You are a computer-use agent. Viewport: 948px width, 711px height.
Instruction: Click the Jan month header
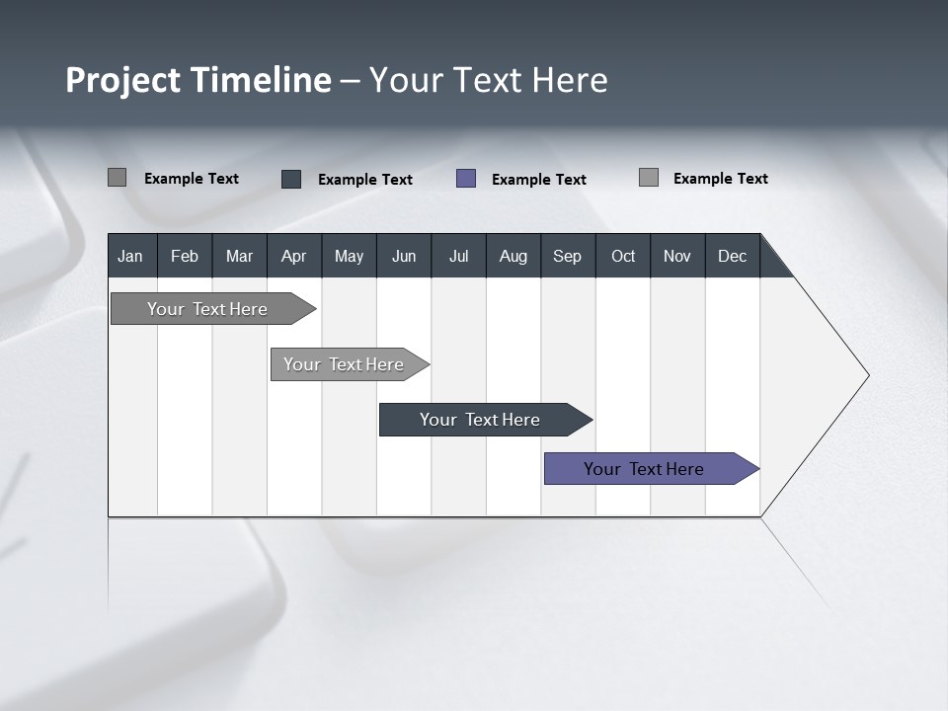click(x=130, y=256)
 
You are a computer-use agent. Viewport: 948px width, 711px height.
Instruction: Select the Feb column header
click(x=185, y=256)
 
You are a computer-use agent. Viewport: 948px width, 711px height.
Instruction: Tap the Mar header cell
click(x=239, y=256)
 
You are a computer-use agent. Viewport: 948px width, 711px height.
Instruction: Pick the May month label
click(x=349, y=256)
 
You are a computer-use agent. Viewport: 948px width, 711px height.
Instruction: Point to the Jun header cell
click(x=404, y=256)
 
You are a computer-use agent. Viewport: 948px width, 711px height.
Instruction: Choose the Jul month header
click(x=458, y=256)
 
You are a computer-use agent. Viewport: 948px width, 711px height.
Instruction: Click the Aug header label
click(x=513, y=256)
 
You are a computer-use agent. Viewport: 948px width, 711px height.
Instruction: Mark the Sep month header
click(x=567, y=256)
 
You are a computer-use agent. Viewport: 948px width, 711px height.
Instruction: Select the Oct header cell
click(x=623, y=256)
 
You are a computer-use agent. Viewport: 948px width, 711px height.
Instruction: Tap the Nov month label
click(x=677, y=256)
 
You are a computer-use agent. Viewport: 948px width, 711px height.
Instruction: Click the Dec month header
click(x=732, y=256)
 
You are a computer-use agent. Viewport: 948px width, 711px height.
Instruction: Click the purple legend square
click(x=466, y=179)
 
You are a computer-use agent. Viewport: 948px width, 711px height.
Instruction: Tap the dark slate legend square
click(x=291, y=179)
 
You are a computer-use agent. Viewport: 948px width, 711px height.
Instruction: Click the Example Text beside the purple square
click(x=538, y=180)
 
